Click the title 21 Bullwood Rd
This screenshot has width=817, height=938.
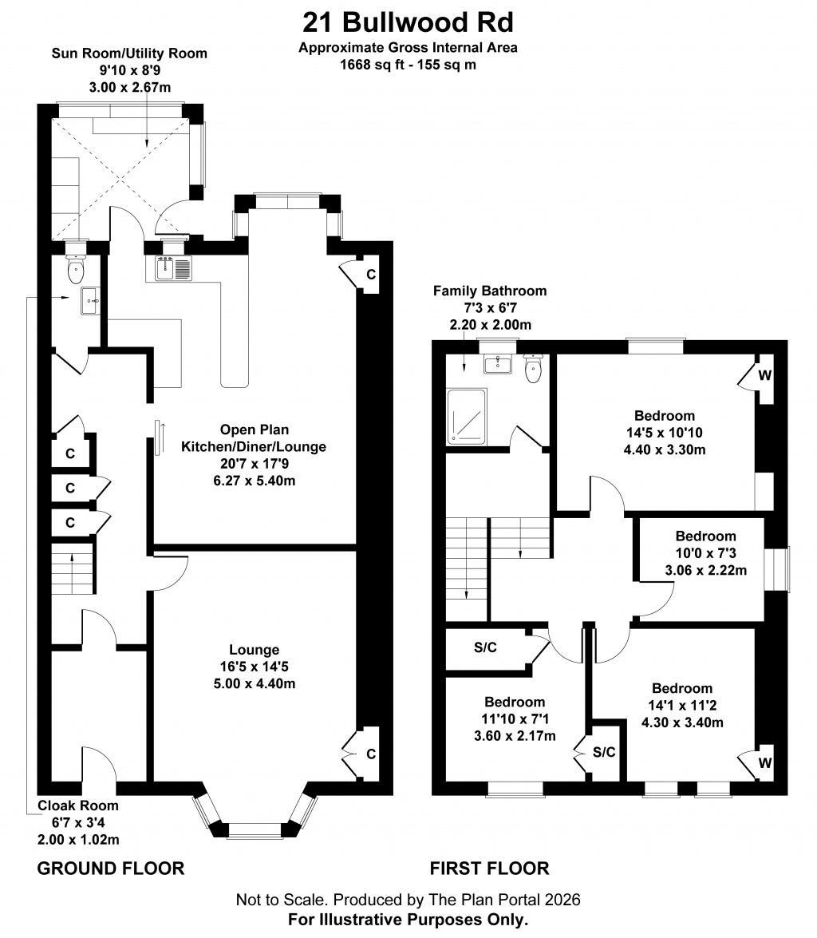[x=408, y=22]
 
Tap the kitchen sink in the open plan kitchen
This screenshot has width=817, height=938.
[x=168, y=268]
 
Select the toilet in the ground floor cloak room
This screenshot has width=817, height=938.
[x=76, y=267]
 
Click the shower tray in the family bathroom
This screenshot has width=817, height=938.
[x=467, y=417]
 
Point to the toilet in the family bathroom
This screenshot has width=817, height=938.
[x=532, y=368]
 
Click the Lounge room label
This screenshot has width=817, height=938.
[x=255, y=650]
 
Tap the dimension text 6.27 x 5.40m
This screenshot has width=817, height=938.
[x=255, y=481]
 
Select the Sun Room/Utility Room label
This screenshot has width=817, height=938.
[x=129, y=53]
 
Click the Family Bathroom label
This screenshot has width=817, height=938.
[x=490, y=291]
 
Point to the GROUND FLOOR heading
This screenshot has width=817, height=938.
[x=111, y=868]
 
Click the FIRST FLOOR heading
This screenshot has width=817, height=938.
[x=489, y=868]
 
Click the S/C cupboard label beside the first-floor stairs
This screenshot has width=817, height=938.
[x=485, y=647]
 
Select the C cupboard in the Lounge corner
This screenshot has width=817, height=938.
[x=371, y=754]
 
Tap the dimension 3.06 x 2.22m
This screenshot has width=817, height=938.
[x=706, y=570]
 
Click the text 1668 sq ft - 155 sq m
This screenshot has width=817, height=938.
[x=408, y=65]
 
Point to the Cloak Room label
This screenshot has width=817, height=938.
[x=78, y=805]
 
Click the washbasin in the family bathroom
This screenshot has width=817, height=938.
[x=497, y=364]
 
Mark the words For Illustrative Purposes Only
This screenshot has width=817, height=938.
[x=408, y=919]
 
